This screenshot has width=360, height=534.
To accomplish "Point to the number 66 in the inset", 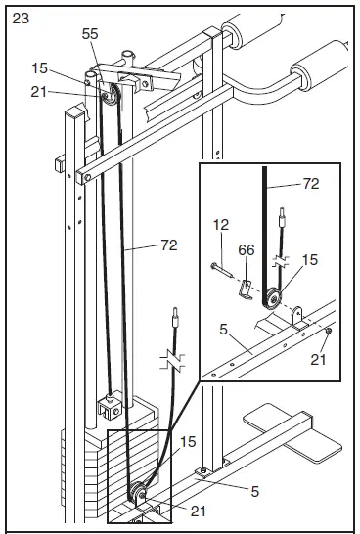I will (x=247, y=251).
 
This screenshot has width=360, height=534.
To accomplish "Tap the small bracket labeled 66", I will (x=247, y=287).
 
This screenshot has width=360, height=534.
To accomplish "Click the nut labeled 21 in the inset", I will (x=326, y=331).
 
